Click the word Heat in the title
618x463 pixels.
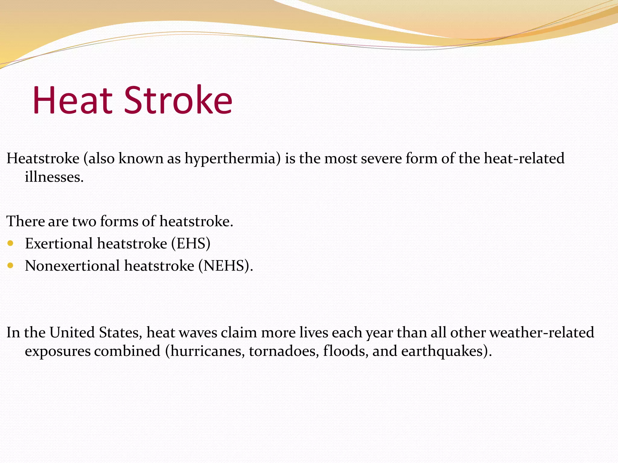click(72, 100)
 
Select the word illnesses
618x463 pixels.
click(54, 177)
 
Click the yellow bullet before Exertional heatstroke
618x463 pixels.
click(11, 243)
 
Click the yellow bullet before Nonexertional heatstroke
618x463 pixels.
click(11, 266)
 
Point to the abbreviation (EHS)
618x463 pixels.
click(191, 244)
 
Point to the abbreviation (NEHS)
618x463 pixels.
click(225, 266)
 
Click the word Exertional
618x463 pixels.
click(59, 244)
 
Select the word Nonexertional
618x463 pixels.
click(72, 266)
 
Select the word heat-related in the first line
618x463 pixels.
click(524, 159)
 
